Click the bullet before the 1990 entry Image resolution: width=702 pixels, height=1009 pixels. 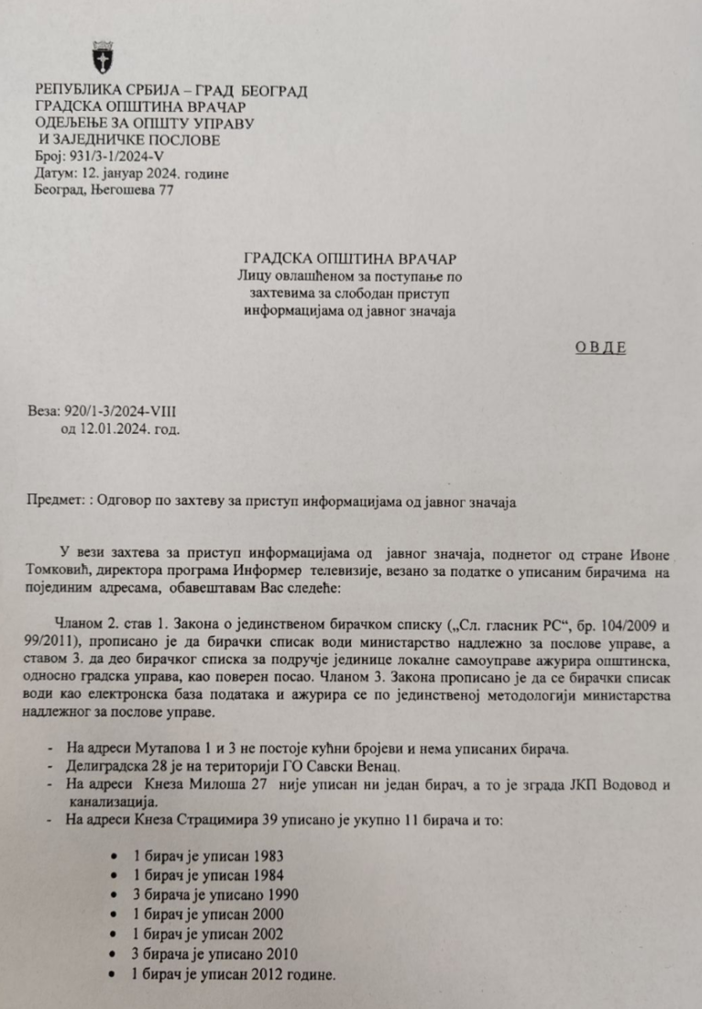tap(112, 894)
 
